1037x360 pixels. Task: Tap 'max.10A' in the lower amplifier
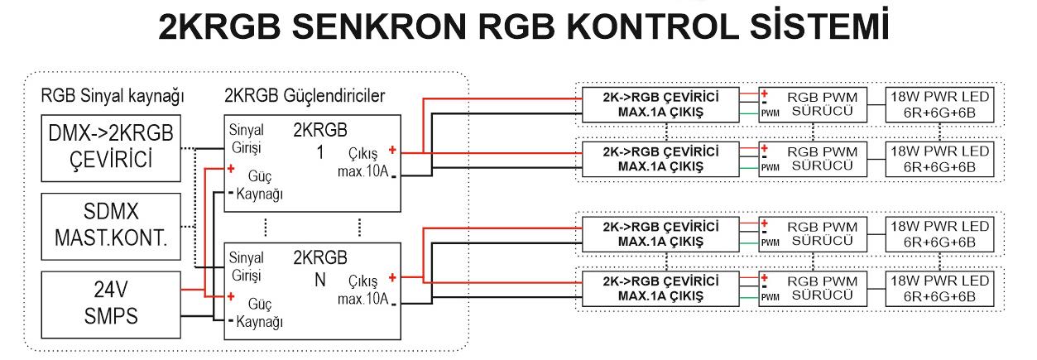(x=360, y=297)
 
